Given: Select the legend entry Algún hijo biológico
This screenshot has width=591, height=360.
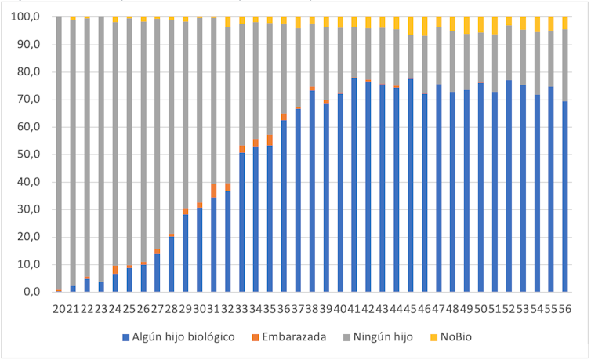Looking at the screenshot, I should coord(184,336).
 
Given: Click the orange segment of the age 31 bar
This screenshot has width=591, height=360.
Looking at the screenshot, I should coord(214,191).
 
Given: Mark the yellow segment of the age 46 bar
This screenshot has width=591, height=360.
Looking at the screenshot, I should coord(425,26).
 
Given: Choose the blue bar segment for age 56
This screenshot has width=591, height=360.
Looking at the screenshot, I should coord(565,196).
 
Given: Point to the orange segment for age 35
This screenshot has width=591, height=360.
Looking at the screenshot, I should coord(270,140).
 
